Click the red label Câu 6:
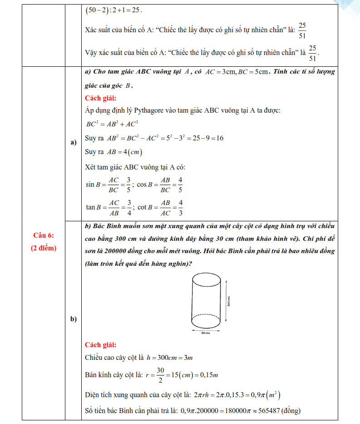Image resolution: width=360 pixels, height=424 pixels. click(x=44, y=235)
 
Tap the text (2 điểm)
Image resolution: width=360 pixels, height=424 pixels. click(x=44, y=248)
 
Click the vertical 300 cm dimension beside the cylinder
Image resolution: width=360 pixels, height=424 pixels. click(x=229, y=300)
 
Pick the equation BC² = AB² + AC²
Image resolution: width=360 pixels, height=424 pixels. click(x=112, y=124)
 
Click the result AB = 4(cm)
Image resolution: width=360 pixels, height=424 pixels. click(x=126, y=152)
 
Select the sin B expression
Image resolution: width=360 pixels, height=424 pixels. click(x=108, y=185)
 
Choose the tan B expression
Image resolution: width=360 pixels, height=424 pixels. click(x=109, y=207)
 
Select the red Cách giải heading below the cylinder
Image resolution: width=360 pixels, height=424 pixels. click(x=100, y=344)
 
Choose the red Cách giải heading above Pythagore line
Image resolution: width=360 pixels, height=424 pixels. click(x=100, y=98)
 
